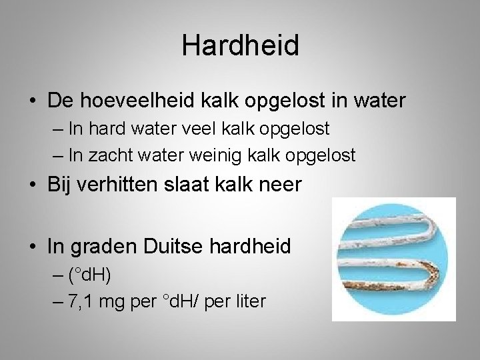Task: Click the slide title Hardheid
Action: click(240, 45)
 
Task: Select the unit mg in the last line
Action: click(116, 302)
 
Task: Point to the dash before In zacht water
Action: click(57, 157)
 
